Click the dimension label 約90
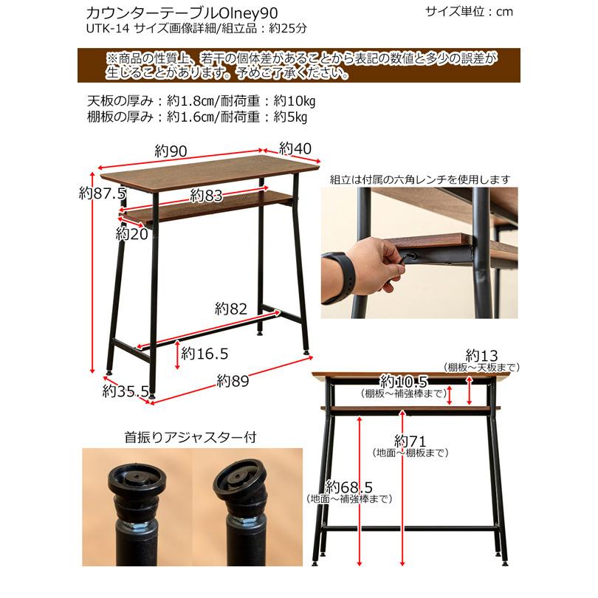click(x=170, y=151)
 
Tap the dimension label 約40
click(x=296, y=148)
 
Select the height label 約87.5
click(x=103, y=193)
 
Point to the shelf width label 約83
click(x=206, y=195)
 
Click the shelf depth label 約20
click(x=132, y=234)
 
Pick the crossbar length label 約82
click(x=230, y=308)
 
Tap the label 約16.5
click(x=204, y=354)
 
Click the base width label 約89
click(x=233, y=382)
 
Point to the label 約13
click(x=483, y=354)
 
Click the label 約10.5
click(x=403, y=382)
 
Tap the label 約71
click(x=410, y=441)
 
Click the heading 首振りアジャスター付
click(x=191, y=436)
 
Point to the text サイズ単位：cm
click(x=469, y=11)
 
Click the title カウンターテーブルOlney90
click(x=167, y=13)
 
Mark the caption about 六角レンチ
click(x=419, y=179)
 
